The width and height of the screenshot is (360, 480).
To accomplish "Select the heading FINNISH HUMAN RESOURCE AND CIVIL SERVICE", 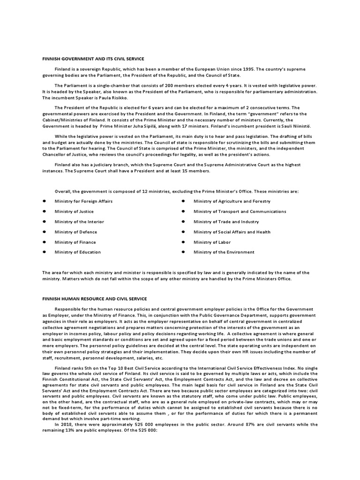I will tap(94, 299).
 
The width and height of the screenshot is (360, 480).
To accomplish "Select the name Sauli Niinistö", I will tap(296, 127).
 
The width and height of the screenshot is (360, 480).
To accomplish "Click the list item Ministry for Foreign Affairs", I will tap(83, 201).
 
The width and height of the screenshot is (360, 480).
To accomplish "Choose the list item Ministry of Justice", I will tap(74, 211).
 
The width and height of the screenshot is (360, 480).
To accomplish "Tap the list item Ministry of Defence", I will tap(76, 232).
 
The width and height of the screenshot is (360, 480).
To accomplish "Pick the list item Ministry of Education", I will tap(78, 252).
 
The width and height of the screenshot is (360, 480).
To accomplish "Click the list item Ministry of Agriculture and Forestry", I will tap(232, 201).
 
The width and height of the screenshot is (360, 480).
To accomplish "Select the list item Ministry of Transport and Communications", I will tap(240, 211).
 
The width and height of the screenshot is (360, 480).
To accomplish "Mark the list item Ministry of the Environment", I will tap(224, 252).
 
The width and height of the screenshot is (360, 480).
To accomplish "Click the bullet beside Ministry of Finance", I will tap(44, 242).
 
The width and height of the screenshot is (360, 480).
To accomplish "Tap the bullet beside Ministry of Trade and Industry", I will tap(182, 222).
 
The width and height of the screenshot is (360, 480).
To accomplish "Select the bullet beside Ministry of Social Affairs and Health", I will tap(182, 232).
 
